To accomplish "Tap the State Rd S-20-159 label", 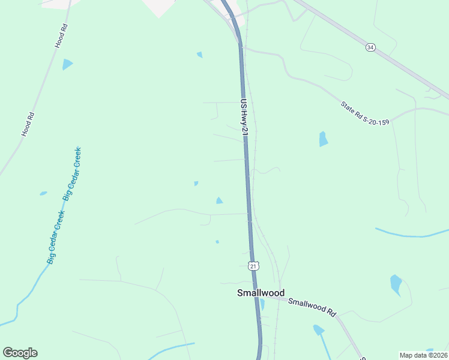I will [365, 113].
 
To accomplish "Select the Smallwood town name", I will [261, 293].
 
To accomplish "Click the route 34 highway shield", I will [370, 47].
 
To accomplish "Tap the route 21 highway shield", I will [253, 266].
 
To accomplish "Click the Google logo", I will [20, 353].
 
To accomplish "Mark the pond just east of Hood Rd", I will [67, 64].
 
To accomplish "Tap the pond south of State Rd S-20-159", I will [324, 139].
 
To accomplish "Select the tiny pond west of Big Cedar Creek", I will [43, 193].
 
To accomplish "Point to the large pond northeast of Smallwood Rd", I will [396, 284].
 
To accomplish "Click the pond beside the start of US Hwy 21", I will [200, 55].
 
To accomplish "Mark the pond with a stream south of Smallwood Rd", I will [318, 329].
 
